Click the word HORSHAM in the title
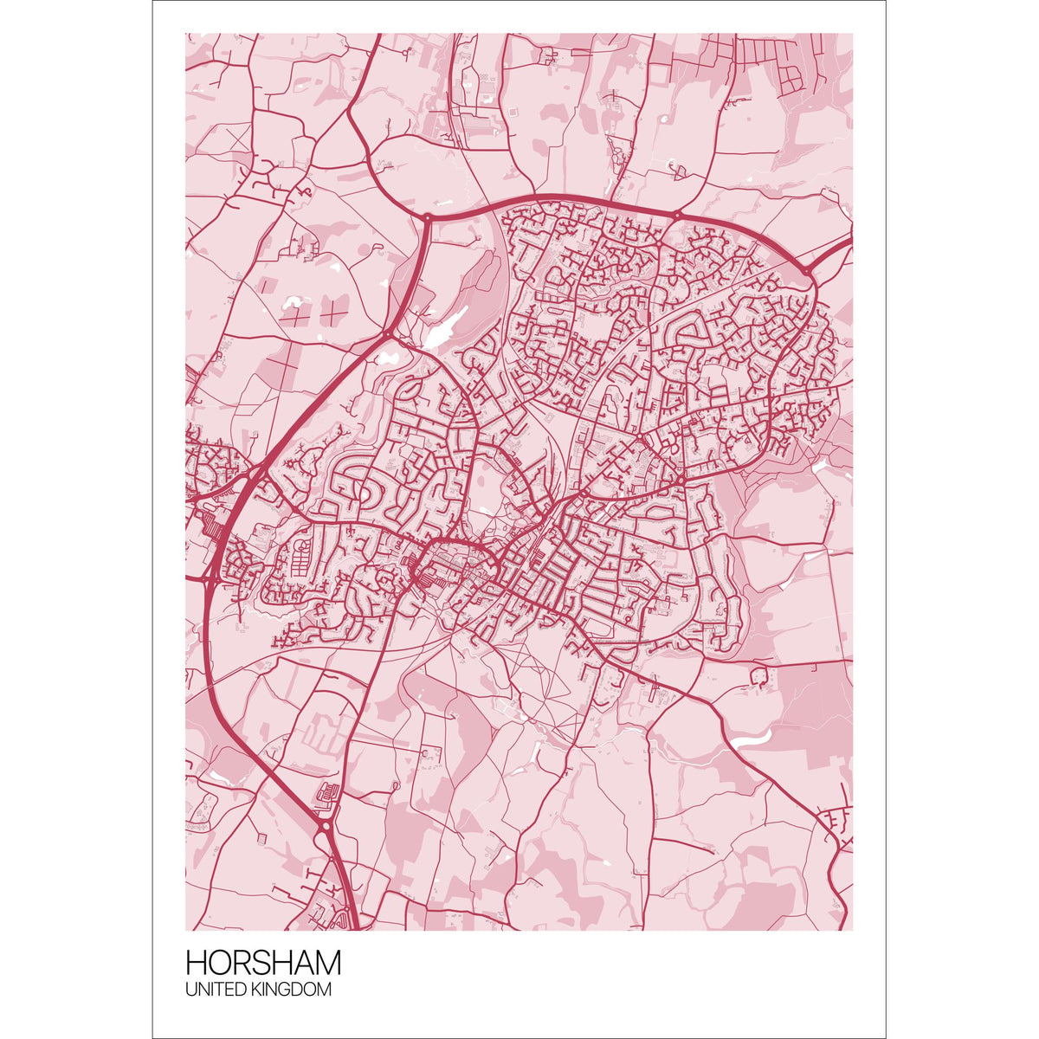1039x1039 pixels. [263, 963]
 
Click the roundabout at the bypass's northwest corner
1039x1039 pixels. [427, 217]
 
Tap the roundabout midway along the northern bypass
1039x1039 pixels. [676, 215]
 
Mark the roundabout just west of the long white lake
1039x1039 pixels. [387, 334]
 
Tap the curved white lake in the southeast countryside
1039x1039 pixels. [750, 739]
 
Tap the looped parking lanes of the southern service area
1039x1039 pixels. [329, 792]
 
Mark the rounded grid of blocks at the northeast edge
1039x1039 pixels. [790, 78]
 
